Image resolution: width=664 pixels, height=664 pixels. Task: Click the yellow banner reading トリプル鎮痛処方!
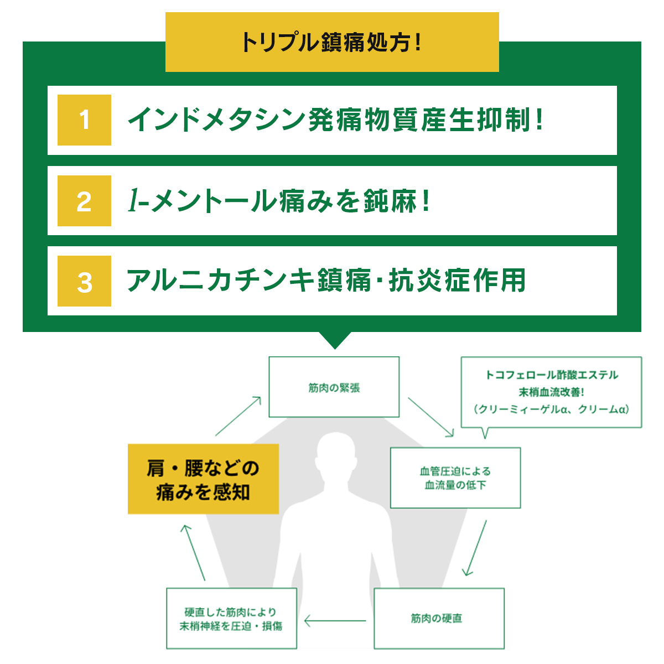[x=332, y=42]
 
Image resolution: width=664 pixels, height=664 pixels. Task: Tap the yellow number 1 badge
[x=84, y=120]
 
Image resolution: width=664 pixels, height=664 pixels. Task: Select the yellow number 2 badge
[x=84, y=201]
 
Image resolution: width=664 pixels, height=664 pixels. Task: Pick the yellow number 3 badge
[x=84, y=281]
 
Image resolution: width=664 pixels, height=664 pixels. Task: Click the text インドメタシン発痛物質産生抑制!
[x=335, y=120]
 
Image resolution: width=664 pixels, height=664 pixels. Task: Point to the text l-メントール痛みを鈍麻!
[x=278, y=201]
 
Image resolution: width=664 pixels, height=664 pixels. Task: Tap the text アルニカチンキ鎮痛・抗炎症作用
[x=326, y=281]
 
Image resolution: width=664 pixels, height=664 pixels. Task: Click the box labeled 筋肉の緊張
[x=334, y=387]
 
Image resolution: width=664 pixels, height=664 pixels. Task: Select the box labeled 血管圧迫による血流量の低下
[x=455, y=478]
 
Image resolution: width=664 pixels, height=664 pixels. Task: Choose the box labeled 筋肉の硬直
[x=439, y=618]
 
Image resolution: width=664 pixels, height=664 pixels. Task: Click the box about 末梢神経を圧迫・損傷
[x=231, y=619]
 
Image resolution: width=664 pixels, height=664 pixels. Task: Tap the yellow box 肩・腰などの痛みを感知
[x=203, y=479]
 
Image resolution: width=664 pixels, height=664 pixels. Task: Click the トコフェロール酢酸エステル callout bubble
[x=551, y=392]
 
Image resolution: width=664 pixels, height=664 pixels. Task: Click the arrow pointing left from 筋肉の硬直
[x=335, y=621]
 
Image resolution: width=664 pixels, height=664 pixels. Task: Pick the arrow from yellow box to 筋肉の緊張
[x=238, y=416]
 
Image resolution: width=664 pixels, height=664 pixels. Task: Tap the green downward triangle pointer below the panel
[x=335, y=339]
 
